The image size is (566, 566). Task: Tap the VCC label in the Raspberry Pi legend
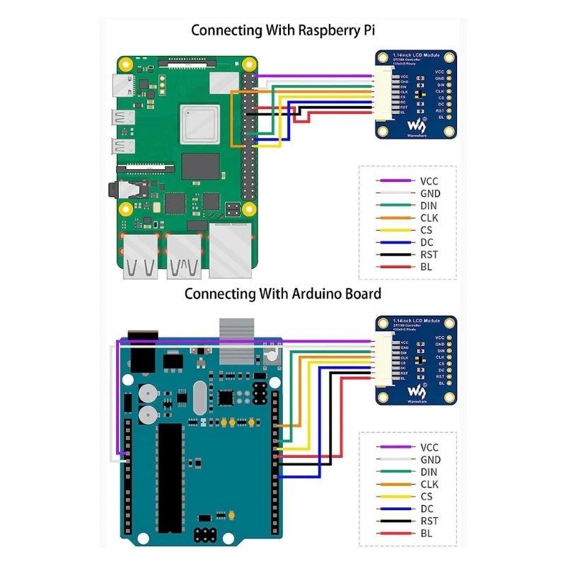point(429,181)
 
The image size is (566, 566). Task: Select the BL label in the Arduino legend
point(427,533)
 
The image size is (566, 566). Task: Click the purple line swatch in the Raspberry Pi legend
point(396,181)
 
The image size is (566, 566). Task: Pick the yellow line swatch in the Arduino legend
point(396,497)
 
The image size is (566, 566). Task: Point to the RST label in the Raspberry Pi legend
point(429,255)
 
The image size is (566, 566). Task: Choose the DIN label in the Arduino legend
point(429,472)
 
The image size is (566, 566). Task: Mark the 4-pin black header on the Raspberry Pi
point(231,209)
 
